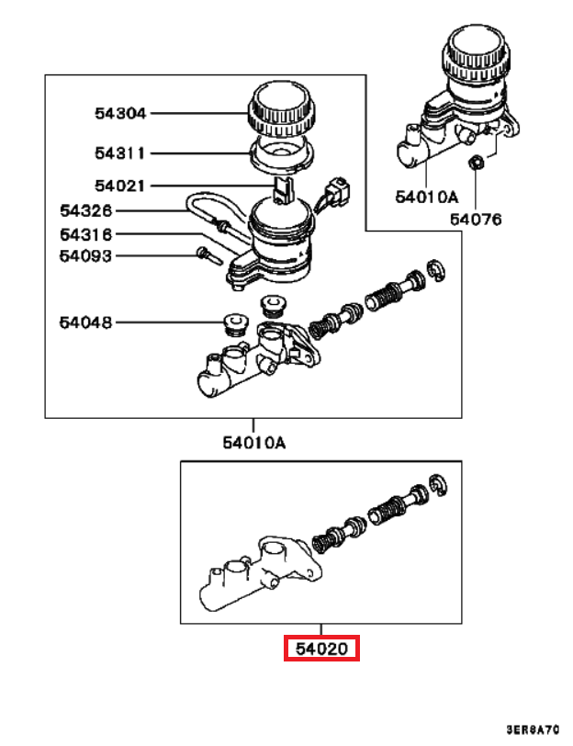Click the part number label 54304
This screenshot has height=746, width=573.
pyautogui.click(x=119, y=113)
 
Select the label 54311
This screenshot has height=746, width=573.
pyautogui.click(x=119, y=153)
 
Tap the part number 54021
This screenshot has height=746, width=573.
pyautogui.click(x=119, y=186)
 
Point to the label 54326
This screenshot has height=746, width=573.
pyautogui.click(x=86, y=210)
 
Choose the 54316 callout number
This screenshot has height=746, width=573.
pyautogui.click(x=86, y=234)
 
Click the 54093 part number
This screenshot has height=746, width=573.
pyautogui.click(x=85, y=256)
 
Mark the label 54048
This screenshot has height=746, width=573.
pyautogui.click(x=85, y=322)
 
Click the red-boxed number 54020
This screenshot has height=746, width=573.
pyautogui.click(x=322, y=649)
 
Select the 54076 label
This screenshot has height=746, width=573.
pyautogui.click(x=476, y=220)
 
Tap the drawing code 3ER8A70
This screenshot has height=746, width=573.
pyautogui.click(x=533, y=729)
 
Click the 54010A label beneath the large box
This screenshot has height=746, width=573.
pyautogui.click(x=254, y=443)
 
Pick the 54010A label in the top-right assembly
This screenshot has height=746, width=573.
pyautogui.click(x=427, y=197)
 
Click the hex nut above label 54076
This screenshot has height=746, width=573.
pyautogui.click(x=475, y=164)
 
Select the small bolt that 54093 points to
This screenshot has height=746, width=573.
pyautogui.click(x=208, y=255)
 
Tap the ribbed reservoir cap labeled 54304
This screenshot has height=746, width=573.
pyautogui.click(x=281, y=108)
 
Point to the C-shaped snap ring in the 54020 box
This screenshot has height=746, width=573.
pyautogui.click(x=438, y=486)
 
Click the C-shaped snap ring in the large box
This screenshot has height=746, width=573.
pyautogui.click(x=436, y=271)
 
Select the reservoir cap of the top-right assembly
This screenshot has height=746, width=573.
pyautogui.click(x=477, y=54)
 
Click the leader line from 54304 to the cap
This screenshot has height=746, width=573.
pyautogui.click(x=197, y=113)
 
